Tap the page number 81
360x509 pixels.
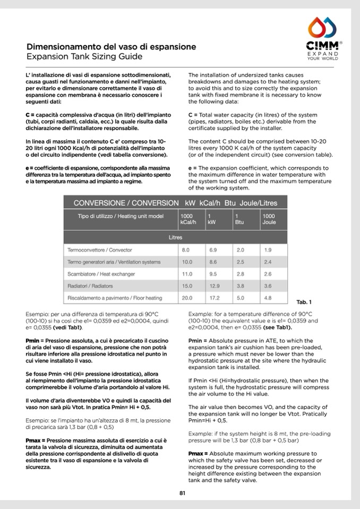coord(182,493)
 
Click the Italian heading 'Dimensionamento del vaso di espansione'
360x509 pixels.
coord(111,47)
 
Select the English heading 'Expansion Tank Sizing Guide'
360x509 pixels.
coord(84,56)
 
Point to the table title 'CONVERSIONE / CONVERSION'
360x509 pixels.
coord(126,203)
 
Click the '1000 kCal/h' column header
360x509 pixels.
coord(188,219)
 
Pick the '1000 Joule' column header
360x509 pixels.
coord(270,219)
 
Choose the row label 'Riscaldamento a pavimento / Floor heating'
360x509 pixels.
coord(115,298)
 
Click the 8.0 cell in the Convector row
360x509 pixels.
coord(186,249)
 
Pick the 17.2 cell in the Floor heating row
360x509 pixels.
coord(213,298)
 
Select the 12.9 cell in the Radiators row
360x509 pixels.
coord(213,286)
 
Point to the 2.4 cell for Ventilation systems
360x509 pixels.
coord(268,262)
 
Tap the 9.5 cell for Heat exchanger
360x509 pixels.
coord(213,274)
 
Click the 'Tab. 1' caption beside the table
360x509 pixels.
coord(304,303)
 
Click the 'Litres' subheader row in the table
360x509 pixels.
coord(175,237)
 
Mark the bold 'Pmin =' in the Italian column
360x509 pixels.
coord(35,340)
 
